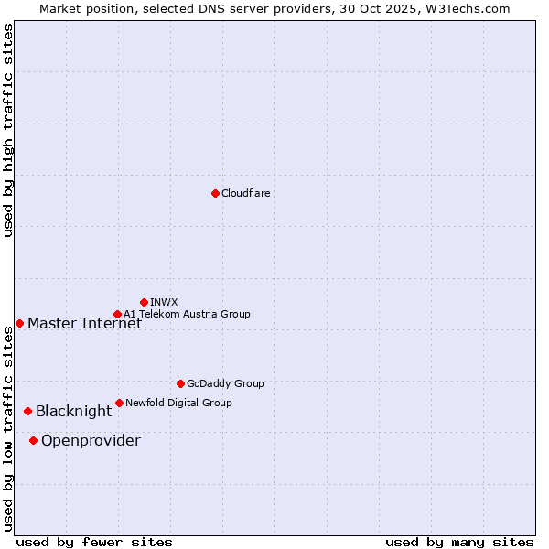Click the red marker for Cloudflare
tap(215, 193)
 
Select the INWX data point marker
tap(144, 302)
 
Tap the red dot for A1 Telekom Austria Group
tap(117, 314)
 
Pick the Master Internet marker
tap(19, 323)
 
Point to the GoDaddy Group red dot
tap(180, 383)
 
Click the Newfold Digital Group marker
tap(119, 403)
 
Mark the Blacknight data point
tap(27, 411)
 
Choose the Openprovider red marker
tap(33, 440)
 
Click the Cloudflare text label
tap(245, 193)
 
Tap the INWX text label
tap(164, 302)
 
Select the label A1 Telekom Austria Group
tap(187, 314)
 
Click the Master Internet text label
tap(84, 323)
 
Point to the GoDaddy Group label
tap(225, 383)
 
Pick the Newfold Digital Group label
tap(178, 403)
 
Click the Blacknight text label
tap(73, 411)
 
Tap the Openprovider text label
tap(91, 440)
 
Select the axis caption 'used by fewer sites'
tap(94, 542)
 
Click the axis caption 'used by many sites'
tap(459, 542)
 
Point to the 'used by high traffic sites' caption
tap(9, 130)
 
